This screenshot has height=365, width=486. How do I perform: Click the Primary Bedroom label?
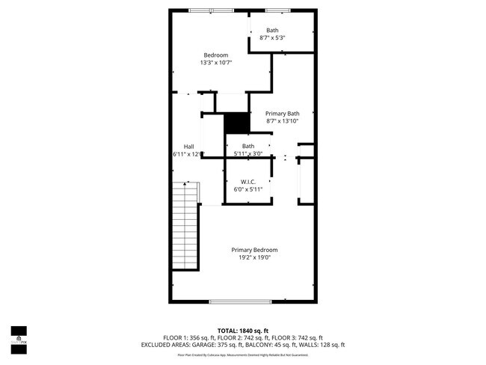[x=254, y=250]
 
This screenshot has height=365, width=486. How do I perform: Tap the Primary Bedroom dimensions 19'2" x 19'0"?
[x=254, y=258]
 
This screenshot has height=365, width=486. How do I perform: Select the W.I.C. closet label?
[x=248, y=182]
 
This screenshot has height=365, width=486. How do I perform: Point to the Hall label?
[x=189, y=146]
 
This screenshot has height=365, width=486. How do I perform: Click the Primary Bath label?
[x=283, y=113]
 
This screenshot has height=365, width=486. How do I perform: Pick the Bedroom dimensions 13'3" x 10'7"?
[x=216, y=63]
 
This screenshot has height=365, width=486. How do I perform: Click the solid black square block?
[x=236, y=123]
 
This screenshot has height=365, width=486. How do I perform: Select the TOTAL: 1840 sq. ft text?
[x=242, y=330]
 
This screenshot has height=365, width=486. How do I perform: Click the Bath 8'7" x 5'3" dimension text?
[x=272, y=37]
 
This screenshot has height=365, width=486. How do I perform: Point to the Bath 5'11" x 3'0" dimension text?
[x=247, y=154]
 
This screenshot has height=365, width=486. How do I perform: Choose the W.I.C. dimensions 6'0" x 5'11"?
[x=248, y=190]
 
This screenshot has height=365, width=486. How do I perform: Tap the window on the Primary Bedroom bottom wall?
[x=239, y=301]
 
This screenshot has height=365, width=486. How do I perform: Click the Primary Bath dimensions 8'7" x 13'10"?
[x=283, y=121]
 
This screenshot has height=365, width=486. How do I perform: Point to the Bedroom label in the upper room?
[x=216, y=55]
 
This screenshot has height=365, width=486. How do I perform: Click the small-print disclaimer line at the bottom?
[x=242, y=354]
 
